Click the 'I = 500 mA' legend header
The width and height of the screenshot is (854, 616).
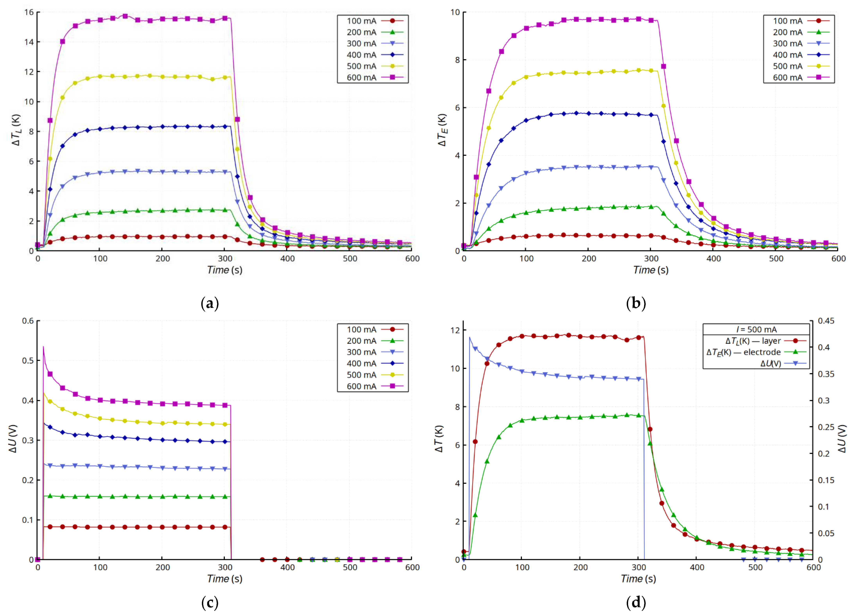756,329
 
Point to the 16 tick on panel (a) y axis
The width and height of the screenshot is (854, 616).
29,13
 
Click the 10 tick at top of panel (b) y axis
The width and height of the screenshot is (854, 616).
455,13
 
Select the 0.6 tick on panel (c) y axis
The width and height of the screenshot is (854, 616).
28,321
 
